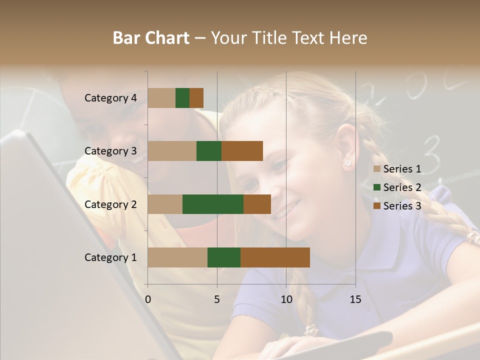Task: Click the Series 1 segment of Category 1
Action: pyautogui.click(x=177, y=257)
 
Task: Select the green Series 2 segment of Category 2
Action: pyautogui.click(x=213, y=204)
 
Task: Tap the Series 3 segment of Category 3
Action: pyautogui.click(x=242, y=151)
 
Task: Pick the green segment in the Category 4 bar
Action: pyautogui.click(x=182, y=98)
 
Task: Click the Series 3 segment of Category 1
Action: pyautogui.click(x=275, y=257)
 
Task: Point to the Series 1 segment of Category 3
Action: pyautogui.click(x=172, y=151)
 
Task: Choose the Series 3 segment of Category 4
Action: pyautogui.click(x=196, y=98)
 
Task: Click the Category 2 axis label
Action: pyautogui.click(x=110, y=204)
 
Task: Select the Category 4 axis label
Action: pyautogui.click(x=110, y=98)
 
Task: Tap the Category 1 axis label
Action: pyautogui.click(x=110, y=257)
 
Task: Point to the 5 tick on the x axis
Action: pyautogui.click(x=217, y=299)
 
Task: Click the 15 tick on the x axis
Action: pyautogui.click(x=355, y=299)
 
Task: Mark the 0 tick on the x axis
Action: pyautogui.click(x=148, y=299)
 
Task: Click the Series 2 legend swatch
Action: pyautogui.click(x=377, y=187)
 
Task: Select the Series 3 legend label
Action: pyautogui.click(x=402, y=206)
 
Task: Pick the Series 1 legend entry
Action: pyautogui.click(x=397, y=169)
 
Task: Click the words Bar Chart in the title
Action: pyautogui.click(x=151, y=38)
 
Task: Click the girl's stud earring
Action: pyautogui.click(x=347, y=163)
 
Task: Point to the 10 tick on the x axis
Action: pyautogui.click(x=286, y=299)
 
